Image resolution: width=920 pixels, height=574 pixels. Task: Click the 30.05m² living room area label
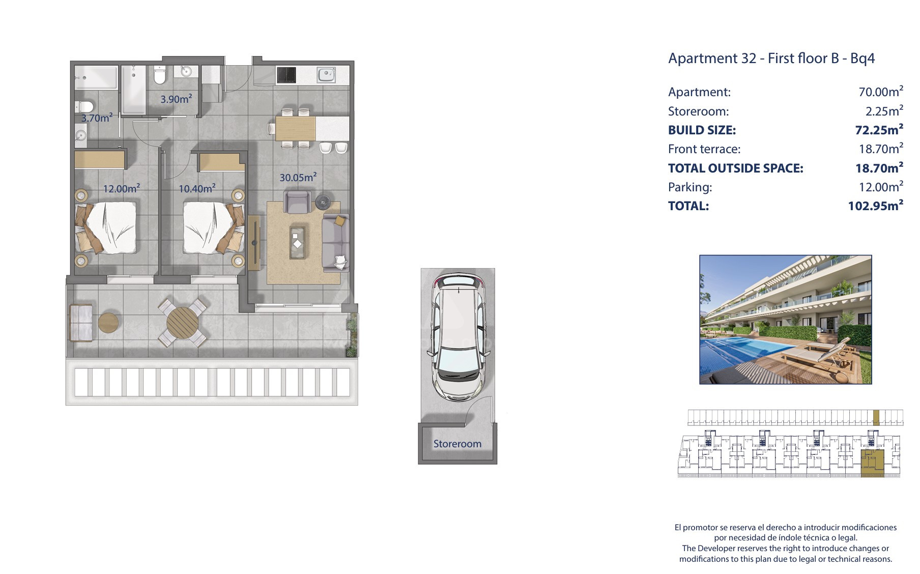[x=298, y=177]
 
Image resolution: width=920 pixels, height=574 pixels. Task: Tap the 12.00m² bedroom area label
[x=122, y=188]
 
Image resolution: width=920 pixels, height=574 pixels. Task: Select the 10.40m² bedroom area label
[x=197, y=188]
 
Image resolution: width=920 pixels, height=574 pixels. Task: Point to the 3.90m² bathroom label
[x=176, y=99]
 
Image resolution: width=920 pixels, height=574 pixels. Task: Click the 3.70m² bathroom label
[x=97, y=118]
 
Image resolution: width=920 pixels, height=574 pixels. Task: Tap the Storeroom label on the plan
[x=457, y=444]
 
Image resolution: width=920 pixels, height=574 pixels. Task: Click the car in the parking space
[x=457, y=337]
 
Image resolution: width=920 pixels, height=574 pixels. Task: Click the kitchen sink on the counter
[x=326, y=75]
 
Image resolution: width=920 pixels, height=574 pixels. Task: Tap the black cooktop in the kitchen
[x=286, y=75]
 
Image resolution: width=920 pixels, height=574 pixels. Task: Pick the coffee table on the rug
[x=297, y=243]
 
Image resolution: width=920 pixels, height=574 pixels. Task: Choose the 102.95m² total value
[x=875, y=205]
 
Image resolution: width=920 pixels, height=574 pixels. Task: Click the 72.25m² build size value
[x=879, y=129]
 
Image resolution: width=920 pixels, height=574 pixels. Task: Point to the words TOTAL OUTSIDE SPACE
[x=735, y=168]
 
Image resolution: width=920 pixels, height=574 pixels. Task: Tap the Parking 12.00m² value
[x=881, y=186]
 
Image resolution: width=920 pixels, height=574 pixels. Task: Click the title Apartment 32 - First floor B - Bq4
[x=771, y=58]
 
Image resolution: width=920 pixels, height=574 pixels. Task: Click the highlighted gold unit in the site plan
[x=873, y=463]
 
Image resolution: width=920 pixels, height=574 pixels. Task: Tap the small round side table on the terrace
[x=108, y=323]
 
